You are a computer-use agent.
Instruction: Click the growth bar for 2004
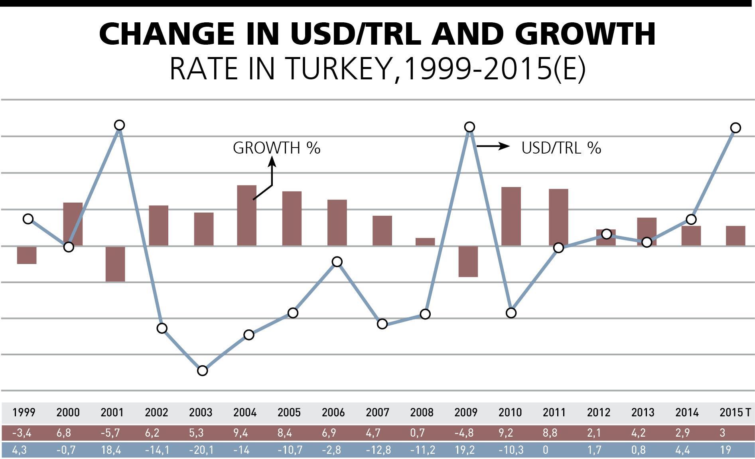[246, 215]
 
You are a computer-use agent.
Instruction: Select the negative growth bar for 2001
[115, 264]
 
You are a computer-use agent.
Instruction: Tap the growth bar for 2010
[511, 216]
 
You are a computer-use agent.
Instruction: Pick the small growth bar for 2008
[425, 242]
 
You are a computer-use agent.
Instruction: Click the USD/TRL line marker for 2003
[203, 370]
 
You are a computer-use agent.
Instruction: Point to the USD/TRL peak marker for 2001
[119, 125]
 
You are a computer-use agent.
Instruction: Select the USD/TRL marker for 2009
[470, 127]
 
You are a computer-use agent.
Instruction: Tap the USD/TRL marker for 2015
[735, 128]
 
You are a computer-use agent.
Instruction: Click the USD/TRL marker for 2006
[337, 262]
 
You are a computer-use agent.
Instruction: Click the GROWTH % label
[276, 148]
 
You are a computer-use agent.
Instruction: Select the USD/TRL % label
[561, 148]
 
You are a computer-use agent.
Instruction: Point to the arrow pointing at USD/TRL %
[493, 146]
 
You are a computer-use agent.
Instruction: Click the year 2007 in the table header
[377, 412]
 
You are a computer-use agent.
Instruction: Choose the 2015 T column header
[735, 412]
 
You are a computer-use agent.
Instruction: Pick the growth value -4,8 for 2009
[463, 433]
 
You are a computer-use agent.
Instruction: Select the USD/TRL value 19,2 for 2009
[464, 450]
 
